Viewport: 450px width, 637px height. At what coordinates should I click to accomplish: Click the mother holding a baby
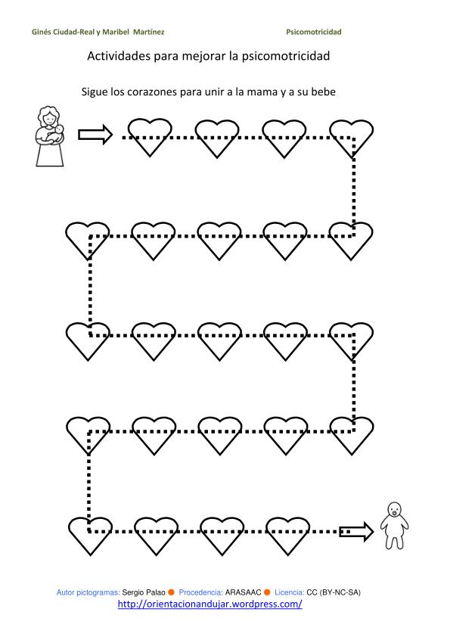(50, 136)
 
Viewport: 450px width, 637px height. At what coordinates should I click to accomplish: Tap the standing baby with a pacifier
(394, 526)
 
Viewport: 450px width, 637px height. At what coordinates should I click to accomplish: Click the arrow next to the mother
(95, 135)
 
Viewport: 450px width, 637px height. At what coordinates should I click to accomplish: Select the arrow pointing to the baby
(356, 531)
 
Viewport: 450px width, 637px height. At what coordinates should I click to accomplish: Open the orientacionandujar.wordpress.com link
(210, 604)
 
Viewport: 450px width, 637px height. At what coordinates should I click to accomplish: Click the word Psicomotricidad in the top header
(314, 32)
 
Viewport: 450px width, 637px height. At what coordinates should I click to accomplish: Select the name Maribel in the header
(116, 32)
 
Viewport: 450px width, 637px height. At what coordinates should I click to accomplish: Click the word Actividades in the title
(119, 56)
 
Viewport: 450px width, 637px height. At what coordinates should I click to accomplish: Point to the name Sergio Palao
(144, 592)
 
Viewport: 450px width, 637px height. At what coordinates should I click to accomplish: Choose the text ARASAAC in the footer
(243, 592)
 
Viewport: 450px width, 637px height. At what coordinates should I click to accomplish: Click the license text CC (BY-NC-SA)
(334, 592)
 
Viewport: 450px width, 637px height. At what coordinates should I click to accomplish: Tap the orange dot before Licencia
(267, 592)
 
